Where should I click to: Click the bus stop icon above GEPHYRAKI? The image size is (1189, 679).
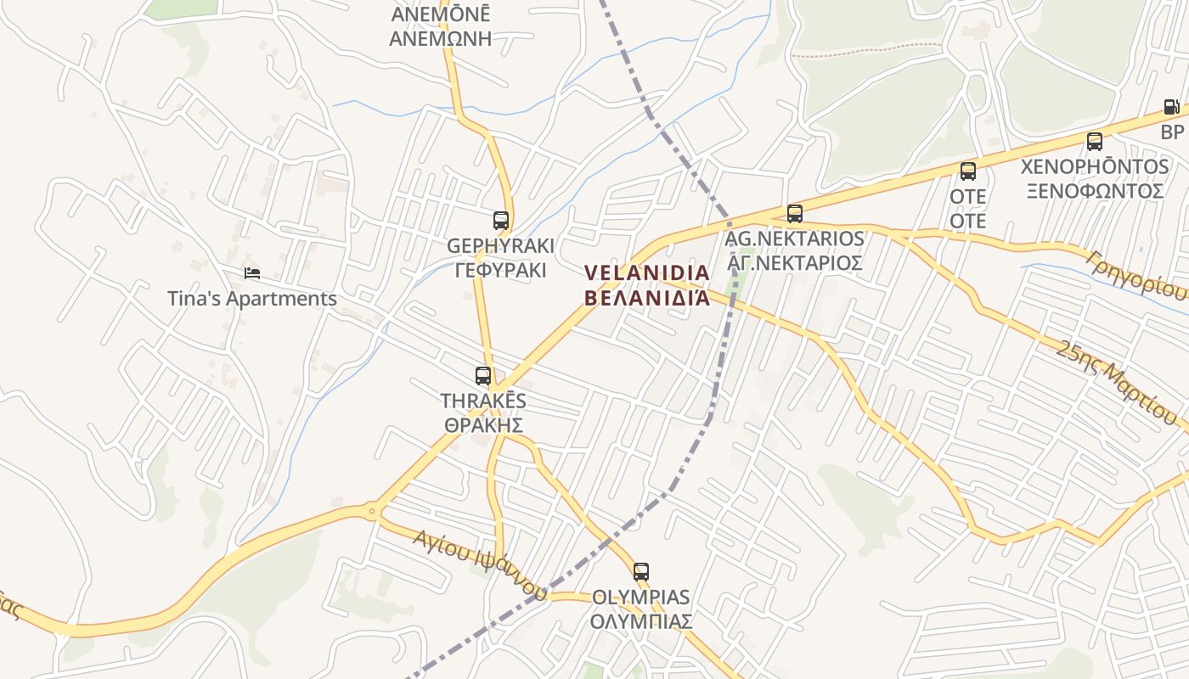pyautogui.click(x=501, y=221)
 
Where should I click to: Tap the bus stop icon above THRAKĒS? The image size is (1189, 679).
pyautogui.click(x=483, y=375)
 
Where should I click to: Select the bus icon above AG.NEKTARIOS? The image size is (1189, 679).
pyautogui.click(x=795, y=214)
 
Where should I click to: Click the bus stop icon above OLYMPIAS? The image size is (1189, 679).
pyautogui.click(x=641, y=572)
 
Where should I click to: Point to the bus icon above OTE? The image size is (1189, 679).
pyautogui.click(x=968, y=171)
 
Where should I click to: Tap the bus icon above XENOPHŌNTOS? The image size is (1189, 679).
pyautogui.click(x=1095, y=142)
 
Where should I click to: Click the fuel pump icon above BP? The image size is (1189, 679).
pyautogui.click(x=1171, y=108)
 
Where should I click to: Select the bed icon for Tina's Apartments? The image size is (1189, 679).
pyautogui.click(x=251, y=273)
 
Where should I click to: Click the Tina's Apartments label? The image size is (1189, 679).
pyautogui.click(x=251, y=299)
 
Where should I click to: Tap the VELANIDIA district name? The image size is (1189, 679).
pyautogui.click(x=646, y=272)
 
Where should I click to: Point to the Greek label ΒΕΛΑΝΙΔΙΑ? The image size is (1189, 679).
pyautogui.click(x=646, y=298)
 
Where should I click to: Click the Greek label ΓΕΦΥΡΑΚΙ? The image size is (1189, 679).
pyautogui.click(x=500, y=271)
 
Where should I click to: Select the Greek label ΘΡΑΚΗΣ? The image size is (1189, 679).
pyautogui.click(x=482, y=425)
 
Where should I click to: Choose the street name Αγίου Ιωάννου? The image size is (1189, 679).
pyautogui.click(x=479, y=564)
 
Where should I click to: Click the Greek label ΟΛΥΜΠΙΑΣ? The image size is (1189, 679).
pyautogui.click(x=641, y=621)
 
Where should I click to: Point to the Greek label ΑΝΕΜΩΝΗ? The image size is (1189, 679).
pyautogui.click(x=440, y=38)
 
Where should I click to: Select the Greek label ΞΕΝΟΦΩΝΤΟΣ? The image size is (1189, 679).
pyautogui.click(x=1094, y=191)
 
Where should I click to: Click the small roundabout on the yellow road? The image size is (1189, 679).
pyautogui.click(x=371, y=511)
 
